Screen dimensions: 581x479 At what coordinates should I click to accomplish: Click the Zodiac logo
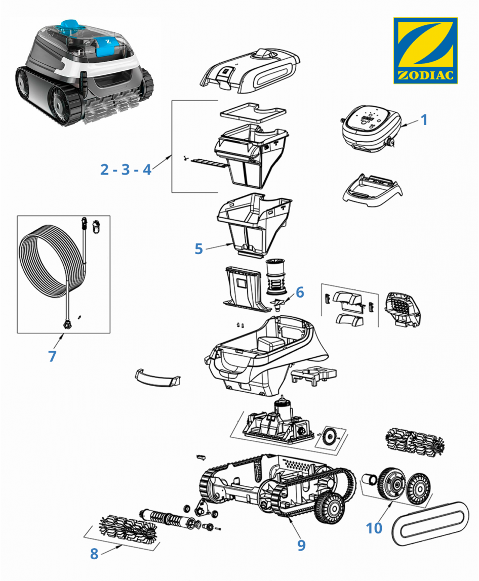coord(425,51)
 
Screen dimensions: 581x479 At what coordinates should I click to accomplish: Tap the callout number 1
coord(424,120)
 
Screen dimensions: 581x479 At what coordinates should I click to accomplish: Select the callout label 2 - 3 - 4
coord(126,169)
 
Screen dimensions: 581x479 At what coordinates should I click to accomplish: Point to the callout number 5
coord(198,248)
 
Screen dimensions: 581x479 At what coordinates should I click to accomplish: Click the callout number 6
coord(300,292)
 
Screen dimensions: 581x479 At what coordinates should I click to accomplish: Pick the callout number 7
coord(52,356)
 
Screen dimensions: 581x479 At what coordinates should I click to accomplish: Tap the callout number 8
coord(94,554)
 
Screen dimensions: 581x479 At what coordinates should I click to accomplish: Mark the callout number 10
coord(374,528)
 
